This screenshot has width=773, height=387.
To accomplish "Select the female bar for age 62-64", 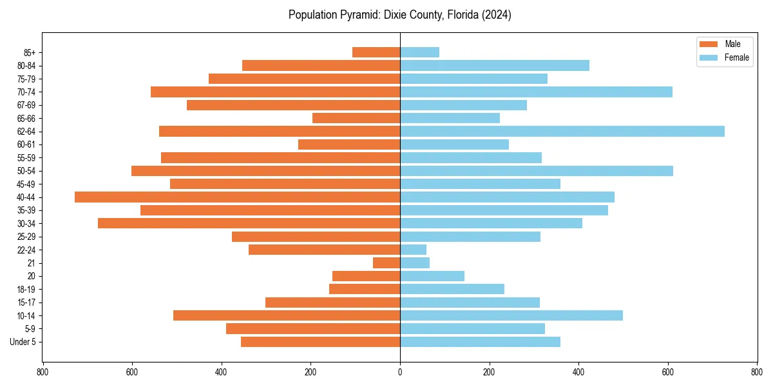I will [562, 132].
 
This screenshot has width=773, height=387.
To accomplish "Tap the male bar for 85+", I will [376, 52].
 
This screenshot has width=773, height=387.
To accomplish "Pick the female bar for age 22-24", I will [413, 250].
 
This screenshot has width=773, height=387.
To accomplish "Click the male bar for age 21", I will [386, 263].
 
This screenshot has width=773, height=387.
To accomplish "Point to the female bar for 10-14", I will [511, 315].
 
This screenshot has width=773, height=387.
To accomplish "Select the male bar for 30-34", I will [249, 223].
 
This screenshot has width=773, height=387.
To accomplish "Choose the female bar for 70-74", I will [536, 92].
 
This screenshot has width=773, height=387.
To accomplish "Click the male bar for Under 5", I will [320, 342].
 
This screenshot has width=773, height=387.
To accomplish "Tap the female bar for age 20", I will [432, 276].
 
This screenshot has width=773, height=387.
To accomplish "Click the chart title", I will [400, 15].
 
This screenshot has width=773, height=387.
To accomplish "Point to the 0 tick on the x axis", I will [400, 372].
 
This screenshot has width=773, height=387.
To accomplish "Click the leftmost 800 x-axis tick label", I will [43, 372].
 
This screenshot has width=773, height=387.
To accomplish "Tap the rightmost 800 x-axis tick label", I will [757, 372].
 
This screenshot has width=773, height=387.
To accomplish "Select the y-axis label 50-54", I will [26, 171].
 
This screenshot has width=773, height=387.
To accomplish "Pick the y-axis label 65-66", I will [26, 119].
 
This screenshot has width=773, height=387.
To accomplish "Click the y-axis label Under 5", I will [23, 342].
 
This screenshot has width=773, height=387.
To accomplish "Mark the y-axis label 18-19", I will [26, 290].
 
